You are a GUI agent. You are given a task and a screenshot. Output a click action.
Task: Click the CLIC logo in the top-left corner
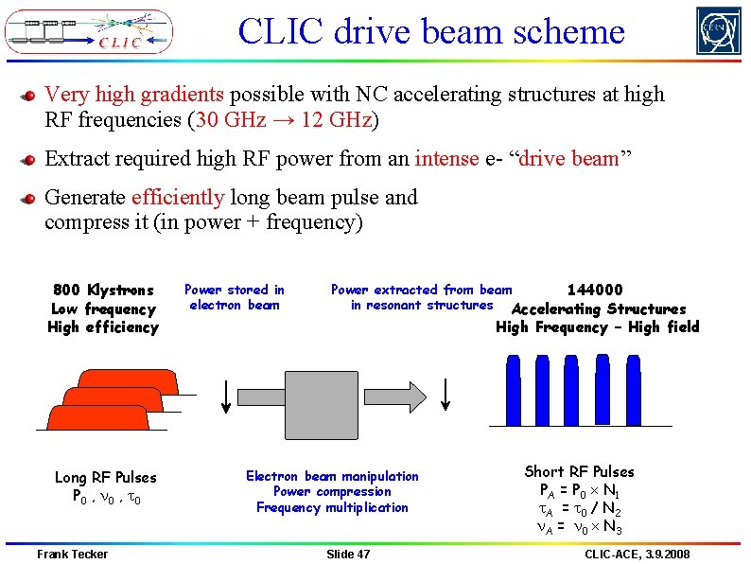coord(89,31)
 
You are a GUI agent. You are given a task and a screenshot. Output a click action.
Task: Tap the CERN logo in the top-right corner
coord(719,31)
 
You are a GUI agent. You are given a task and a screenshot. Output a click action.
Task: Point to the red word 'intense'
coord(446,158)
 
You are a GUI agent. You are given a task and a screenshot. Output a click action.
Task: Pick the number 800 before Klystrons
coord(67,291)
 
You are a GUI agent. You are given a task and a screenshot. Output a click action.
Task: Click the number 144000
coord(594,291)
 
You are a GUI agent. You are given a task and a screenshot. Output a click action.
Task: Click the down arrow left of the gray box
coord(225,394)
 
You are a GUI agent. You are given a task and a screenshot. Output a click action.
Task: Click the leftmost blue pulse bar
coord(515,391)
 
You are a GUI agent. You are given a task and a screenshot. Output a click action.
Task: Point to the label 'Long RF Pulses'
coord(105,478)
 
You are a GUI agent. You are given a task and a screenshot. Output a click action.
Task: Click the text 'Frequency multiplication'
coord(332,507)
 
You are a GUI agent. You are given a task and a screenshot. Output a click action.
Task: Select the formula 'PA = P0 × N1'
coord(579,490)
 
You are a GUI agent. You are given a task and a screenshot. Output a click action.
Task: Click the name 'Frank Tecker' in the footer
coord(73,554)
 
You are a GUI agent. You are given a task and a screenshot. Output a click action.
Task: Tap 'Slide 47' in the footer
coord(348,554)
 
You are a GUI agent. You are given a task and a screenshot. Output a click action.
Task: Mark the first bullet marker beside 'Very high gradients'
coord(29,97)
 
